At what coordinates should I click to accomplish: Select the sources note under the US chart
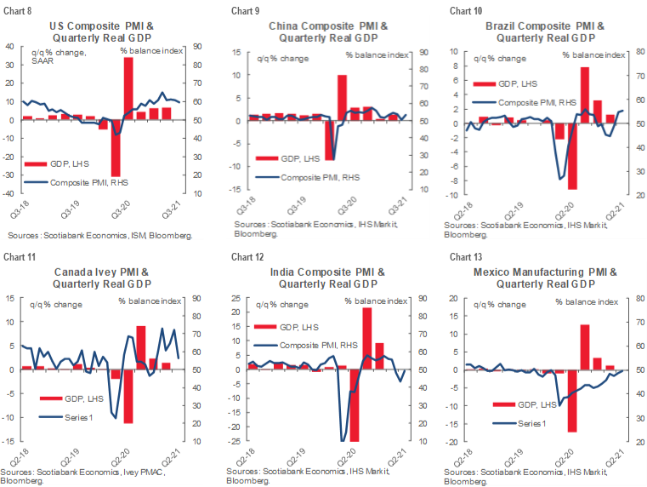(100, 234)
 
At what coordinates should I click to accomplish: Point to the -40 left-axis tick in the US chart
(11, 193)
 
